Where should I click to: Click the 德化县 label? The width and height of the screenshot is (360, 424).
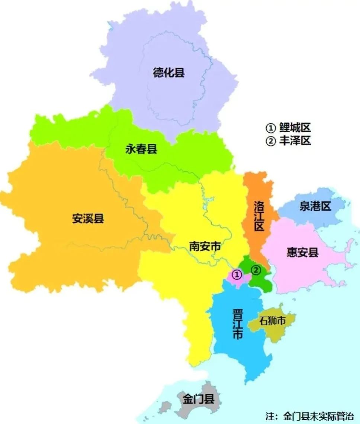point(169,72)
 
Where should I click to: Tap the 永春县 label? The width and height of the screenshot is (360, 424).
point(141,149)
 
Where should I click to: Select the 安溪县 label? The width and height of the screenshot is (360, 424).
point(88,219)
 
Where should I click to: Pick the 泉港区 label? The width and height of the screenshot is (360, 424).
point(315,207)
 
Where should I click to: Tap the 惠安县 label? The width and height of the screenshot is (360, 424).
point(303,253)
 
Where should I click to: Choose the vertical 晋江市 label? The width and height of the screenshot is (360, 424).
point(237,323)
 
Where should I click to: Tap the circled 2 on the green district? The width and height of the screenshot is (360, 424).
point(256,270)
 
